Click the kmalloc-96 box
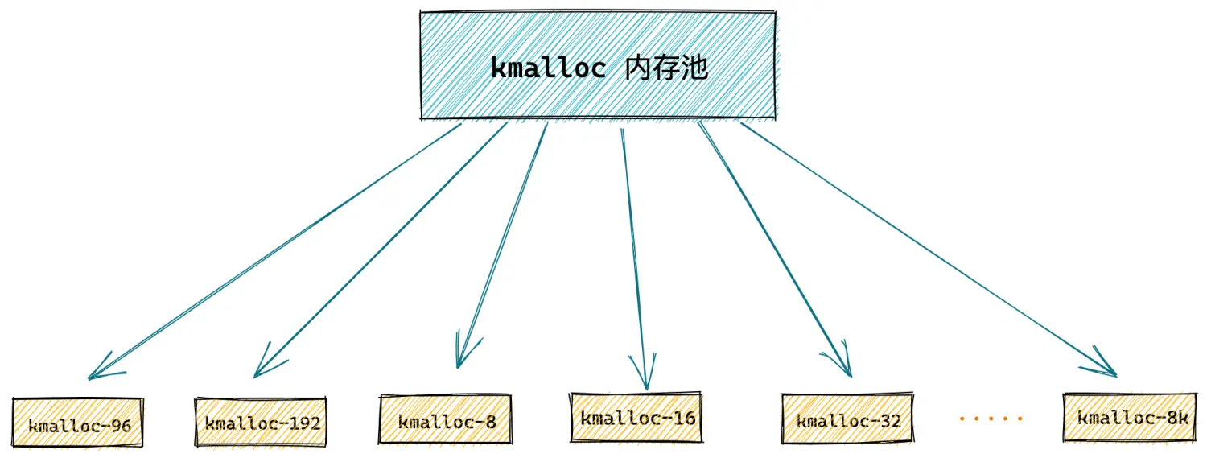pos(77,423)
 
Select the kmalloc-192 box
pos(261,422)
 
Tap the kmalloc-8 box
pos(446,419)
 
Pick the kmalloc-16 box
pos(636,417)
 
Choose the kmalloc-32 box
pos(847,418)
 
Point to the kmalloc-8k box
pos(1130,417)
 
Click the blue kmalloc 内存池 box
pos(598,64)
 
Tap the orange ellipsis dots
pos(991,418)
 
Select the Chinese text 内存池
pos(666,68)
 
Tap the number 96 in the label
pos(120,426)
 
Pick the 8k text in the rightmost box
pos(1176,418)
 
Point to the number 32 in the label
pos(889,421)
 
